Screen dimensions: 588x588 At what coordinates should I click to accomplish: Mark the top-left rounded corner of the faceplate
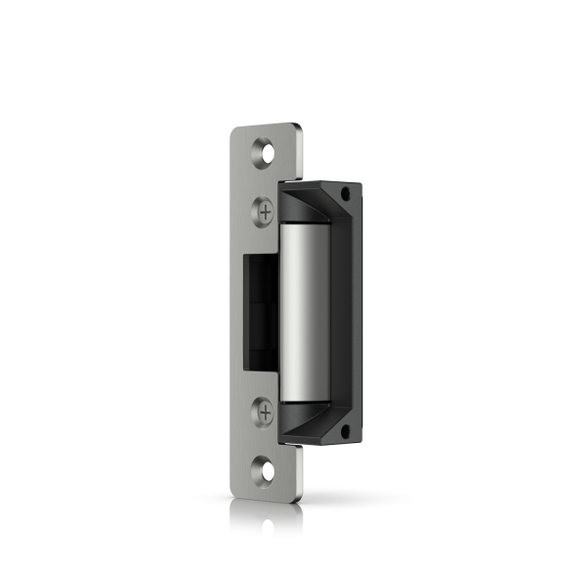tap(236, 128)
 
